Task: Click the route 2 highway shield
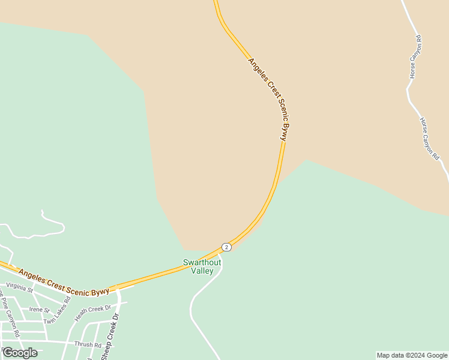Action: click(226, 247)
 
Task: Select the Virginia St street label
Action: click(19, 286)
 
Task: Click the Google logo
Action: click(20, 353)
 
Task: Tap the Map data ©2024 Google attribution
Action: click(412, 355)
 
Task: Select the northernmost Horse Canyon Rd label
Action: click(415, 58)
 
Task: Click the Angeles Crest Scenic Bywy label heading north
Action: click(268, 99)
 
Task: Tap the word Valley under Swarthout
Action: click(202, 271)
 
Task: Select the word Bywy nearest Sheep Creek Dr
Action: click(100, 292)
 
